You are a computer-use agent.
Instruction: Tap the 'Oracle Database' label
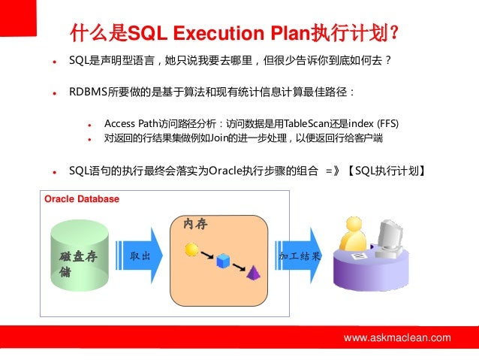82,199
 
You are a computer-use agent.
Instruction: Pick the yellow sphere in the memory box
191,249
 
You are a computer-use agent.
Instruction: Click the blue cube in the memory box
222,262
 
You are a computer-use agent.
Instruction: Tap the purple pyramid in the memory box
253,272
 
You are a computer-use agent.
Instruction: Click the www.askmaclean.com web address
397,338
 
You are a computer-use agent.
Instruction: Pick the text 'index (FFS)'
373,123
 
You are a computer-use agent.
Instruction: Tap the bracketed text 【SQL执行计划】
388,170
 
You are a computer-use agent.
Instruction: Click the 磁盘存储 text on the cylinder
78,264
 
